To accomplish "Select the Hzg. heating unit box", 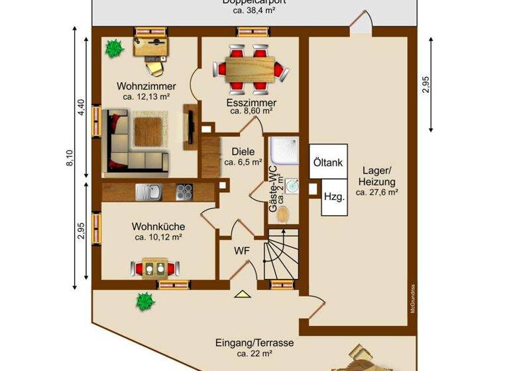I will coord(333,197).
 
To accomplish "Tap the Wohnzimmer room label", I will coord(146,86).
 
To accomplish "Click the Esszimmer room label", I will coord(251,103).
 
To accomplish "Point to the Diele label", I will coord(243,151).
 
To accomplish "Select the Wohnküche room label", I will coord(158,227).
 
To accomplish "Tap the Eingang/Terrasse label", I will coord(254,343).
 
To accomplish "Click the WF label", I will coord(242,250).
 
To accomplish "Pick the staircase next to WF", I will coord(281,254).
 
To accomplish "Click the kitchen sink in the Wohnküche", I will coord(146,191).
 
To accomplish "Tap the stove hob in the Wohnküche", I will coord(184,191).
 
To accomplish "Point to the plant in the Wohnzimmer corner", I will coord(114,48).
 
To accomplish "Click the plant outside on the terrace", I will coord(145,301).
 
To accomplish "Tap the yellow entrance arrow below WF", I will coord(241,294).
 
